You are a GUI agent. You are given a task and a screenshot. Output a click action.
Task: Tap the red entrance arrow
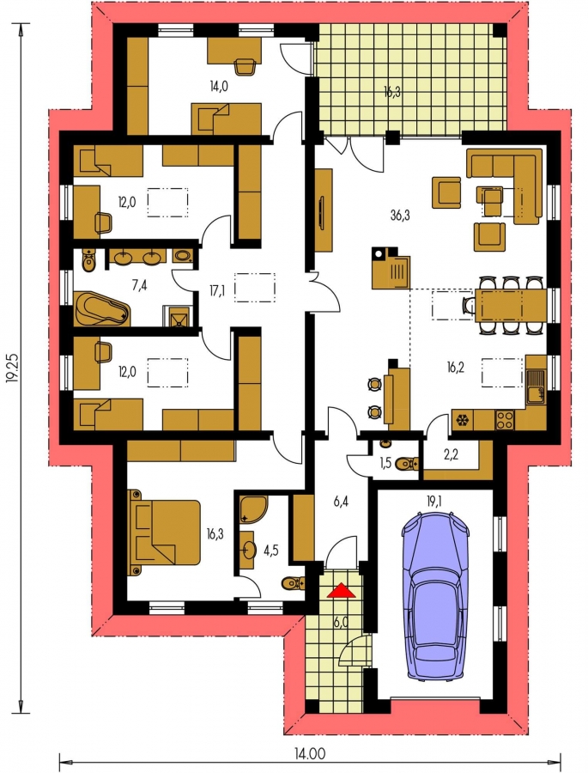341,591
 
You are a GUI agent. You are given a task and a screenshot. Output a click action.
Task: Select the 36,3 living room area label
400,215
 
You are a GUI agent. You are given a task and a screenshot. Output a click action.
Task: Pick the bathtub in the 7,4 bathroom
102,308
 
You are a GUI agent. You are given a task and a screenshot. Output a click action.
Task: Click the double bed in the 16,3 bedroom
164,532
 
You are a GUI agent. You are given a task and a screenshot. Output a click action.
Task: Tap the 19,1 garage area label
435,501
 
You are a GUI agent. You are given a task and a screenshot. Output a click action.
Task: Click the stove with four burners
504,419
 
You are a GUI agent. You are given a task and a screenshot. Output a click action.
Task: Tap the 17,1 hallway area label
215,291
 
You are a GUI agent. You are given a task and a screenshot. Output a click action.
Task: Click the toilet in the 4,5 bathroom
294,583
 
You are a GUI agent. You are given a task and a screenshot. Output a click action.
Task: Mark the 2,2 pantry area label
451,454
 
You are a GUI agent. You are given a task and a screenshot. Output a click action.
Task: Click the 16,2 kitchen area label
457,367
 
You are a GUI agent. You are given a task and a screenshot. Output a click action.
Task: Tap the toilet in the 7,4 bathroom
89,259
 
